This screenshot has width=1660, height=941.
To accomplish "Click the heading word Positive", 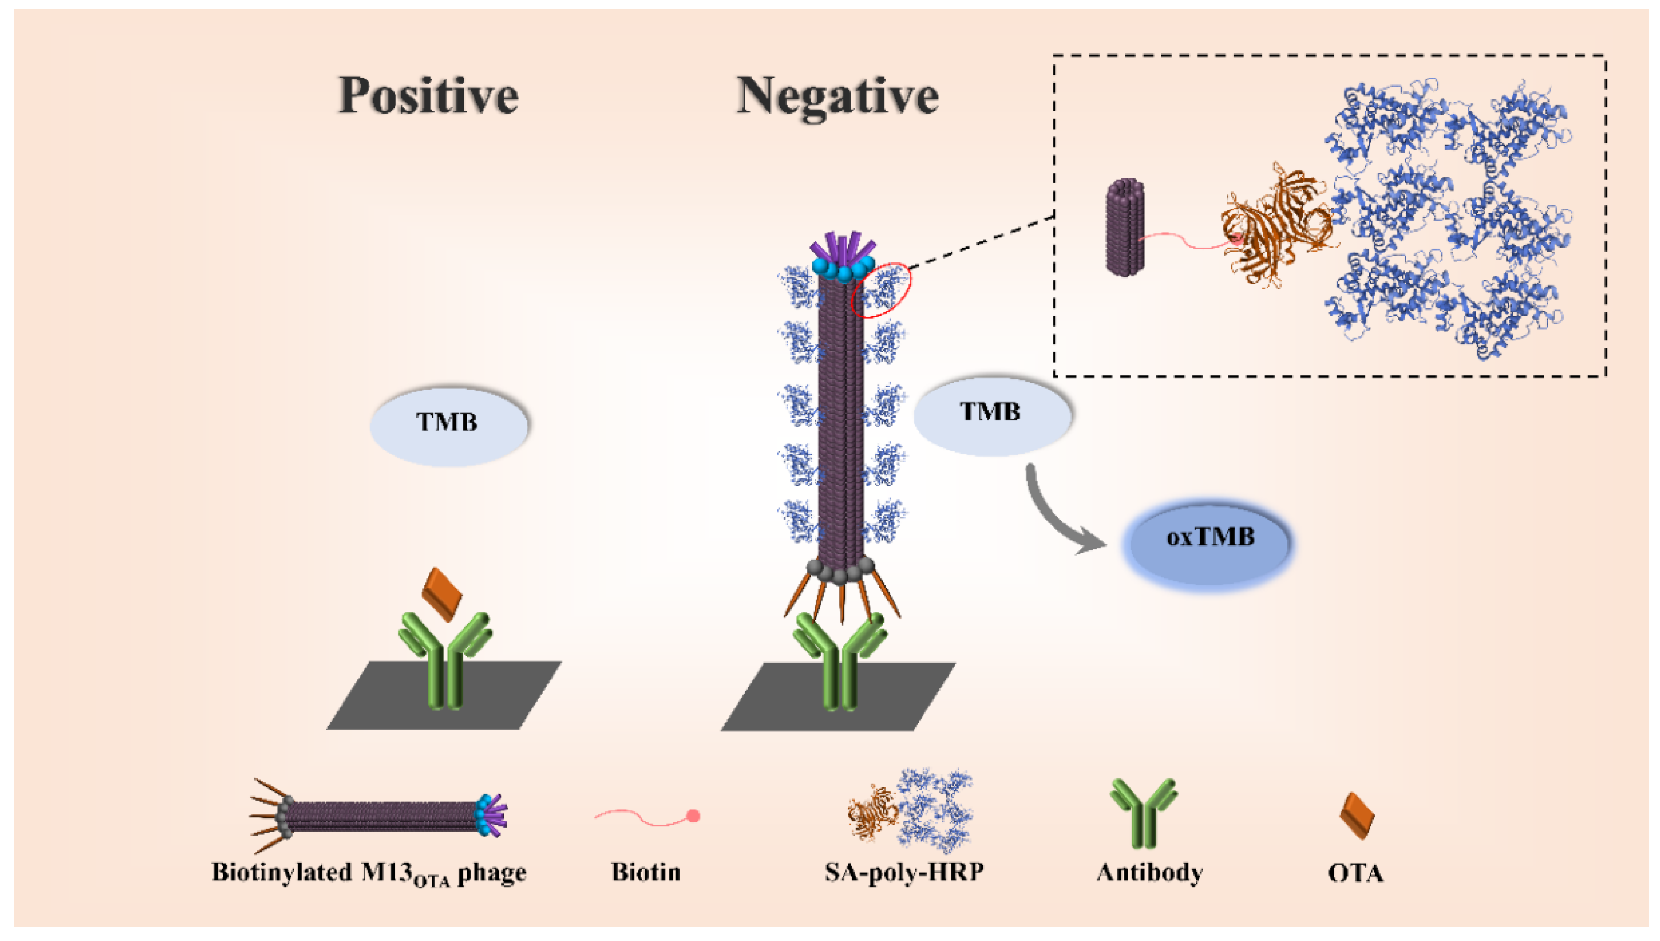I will click(x=428, y=96).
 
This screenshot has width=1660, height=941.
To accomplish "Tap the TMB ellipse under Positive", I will click(x=448, y=424).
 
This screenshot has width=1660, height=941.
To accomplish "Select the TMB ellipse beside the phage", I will click(x=991, y=414).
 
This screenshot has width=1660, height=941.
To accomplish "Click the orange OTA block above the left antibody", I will click(x=442, y=593).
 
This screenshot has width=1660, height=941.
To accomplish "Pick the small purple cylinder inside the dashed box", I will click(x=1125, y=228).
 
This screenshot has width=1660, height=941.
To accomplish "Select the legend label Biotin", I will click(x=645, y=872).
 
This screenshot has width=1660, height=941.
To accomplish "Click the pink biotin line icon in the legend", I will click(x=646, y=818).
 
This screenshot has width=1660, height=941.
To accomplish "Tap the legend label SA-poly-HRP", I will click(x=904, y=872).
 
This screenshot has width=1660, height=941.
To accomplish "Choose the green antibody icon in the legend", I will click(x=1143, y=812).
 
